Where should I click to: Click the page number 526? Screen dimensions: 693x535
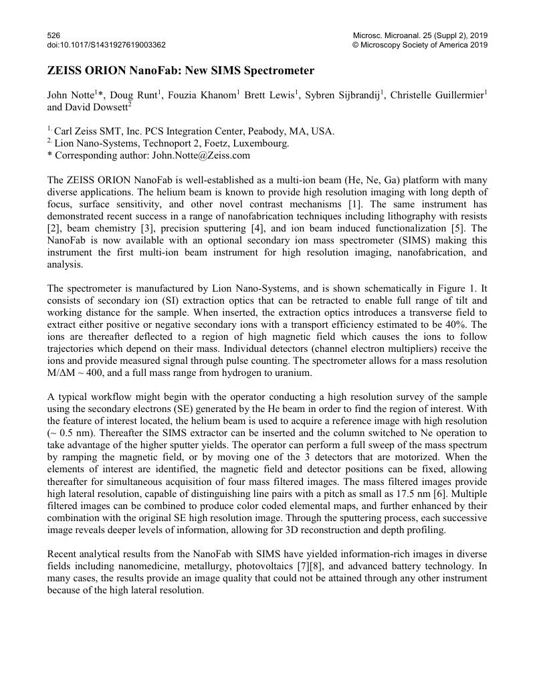pos(53,34)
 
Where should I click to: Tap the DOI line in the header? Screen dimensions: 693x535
pos(106,45)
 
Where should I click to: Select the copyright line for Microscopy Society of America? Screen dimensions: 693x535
pos(419,45)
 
